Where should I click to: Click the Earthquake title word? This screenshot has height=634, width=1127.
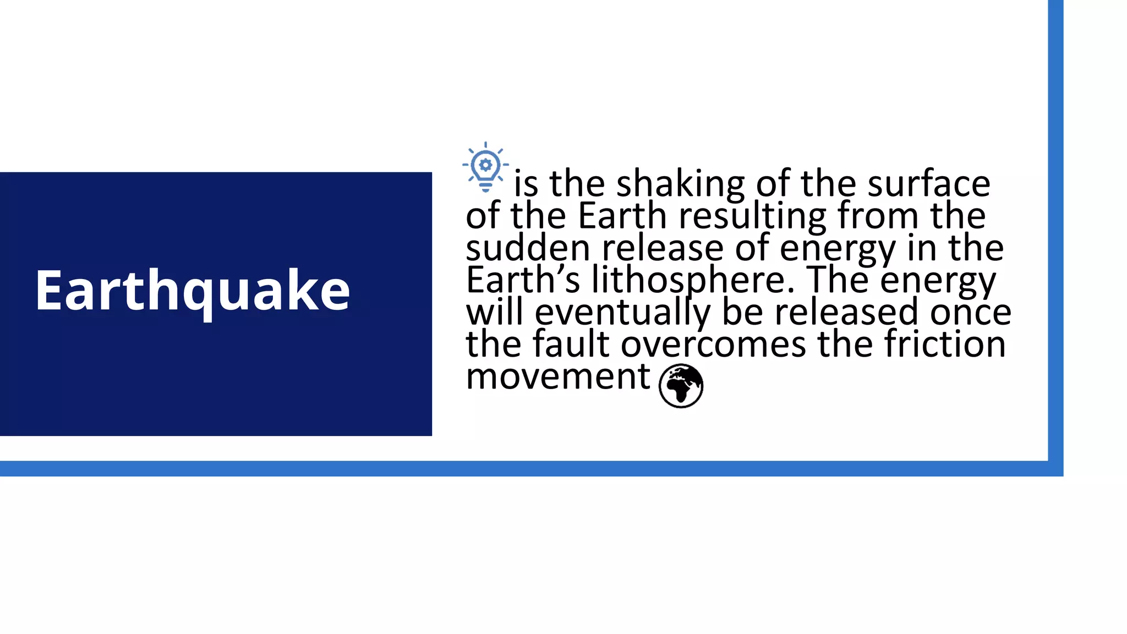tap(192, 291)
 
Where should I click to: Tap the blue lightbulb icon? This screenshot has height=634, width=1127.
tap(485, 167)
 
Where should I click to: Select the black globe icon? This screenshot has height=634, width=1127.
tap(681, 386)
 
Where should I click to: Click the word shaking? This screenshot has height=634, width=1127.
tap(680, 184)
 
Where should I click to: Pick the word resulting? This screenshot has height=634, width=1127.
tap(752, 216)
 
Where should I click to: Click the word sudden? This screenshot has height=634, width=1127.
tap(528, 248)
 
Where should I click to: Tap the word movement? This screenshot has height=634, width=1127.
tap(558, 377)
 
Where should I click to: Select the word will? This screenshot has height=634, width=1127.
tap(494, 312)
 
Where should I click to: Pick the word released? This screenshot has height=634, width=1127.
tap(847, 313)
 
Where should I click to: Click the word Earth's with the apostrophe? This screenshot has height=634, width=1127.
tap(523, 280)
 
